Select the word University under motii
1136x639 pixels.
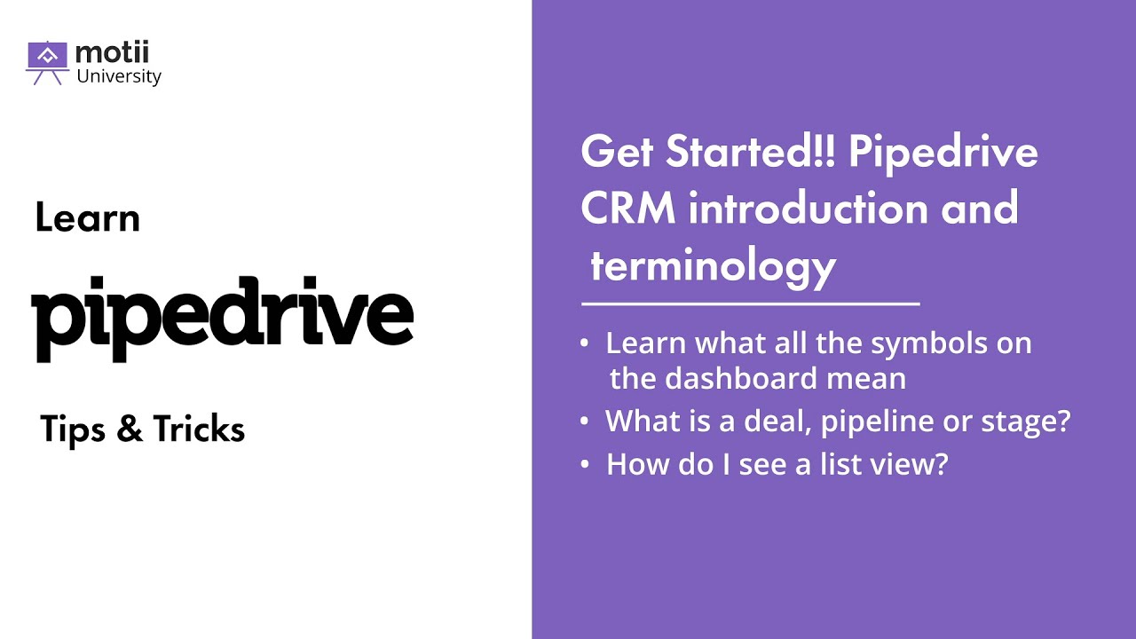[119, 76]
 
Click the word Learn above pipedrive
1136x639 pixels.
[88, 218]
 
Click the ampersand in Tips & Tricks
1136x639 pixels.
[130, 430]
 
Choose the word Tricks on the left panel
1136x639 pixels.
[199, 430]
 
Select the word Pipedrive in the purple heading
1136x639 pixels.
[943, 154]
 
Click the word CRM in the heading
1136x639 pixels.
[629, 209]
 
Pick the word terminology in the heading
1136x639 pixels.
[713, 265]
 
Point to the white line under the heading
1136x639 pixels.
[750, 304]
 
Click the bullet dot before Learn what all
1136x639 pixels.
[583, 343]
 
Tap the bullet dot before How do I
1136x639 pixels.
[583, 464]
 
